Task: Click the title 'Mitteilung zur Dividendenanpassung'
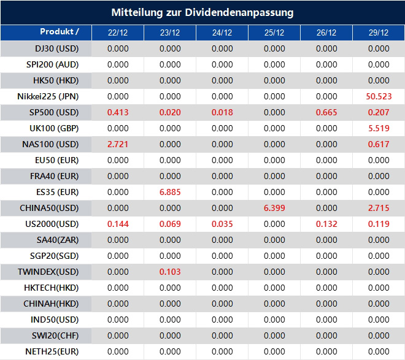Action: (202, 12)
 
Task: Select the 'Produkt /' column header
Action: (59, 32)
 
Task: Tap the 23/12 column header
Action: (170, 33)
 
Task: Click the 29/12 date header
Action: (379, 33)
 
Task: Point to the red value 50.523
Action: (379, 96)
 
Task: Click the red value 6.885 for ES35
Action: (170, 192)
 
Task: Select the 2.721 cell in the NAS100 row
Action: (118, 144)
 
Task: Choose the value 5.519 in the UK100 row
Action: (379, 128)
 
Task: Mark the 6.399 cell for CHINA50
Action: (274, 208)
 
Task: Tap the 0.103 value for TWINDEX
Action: (170, 272)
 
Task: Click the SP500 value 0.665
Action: (326, 112)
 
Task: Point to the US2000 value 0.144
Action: (118, 224)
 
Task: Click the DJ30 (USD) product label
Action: (57, 48)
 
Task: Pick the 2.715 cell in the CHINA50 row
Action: (379, 208)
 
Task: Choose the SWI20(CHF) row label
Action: (55, 335)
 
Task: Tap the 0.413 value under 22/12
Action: (118, 112)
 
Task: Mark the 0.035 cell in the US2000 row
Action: (222, 224)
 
